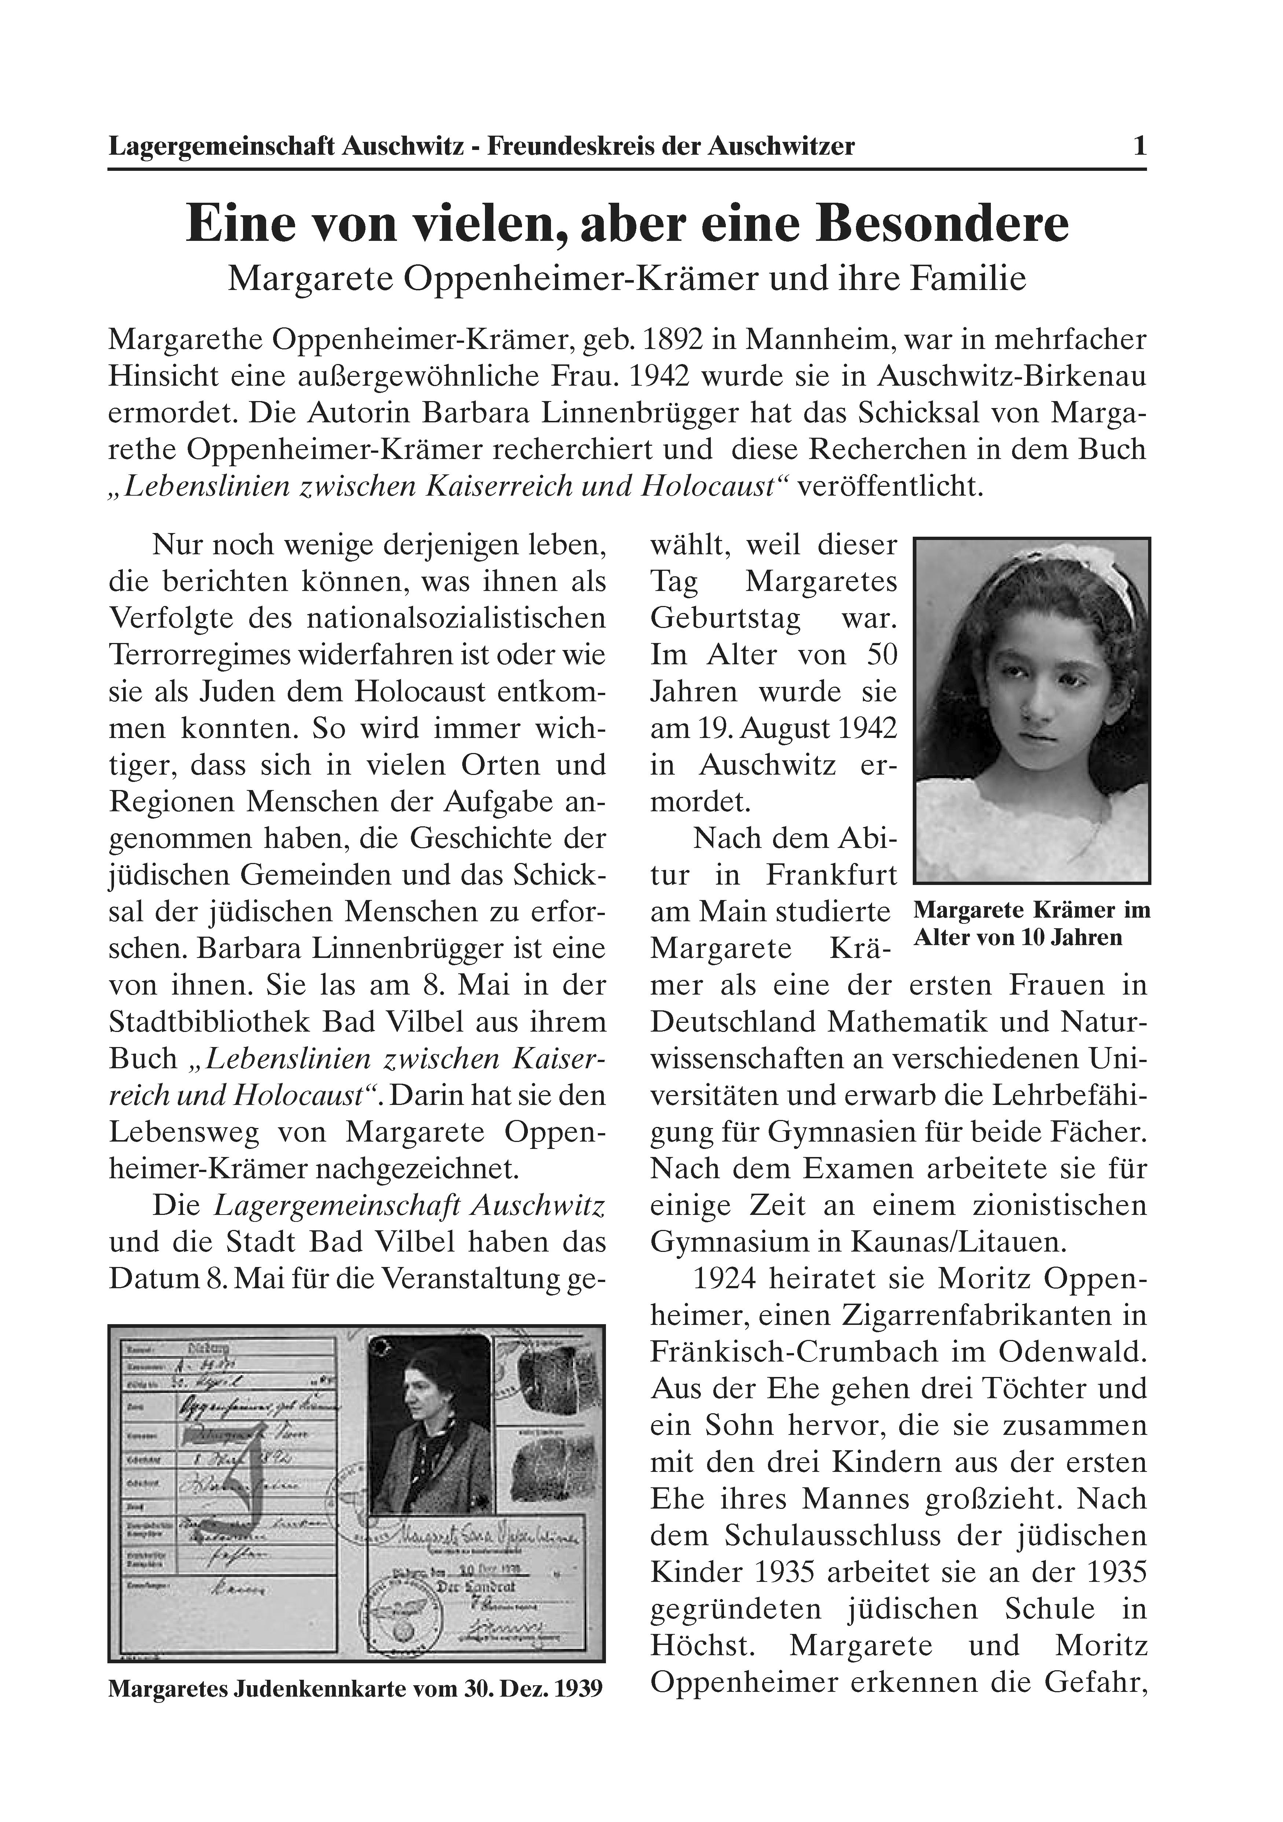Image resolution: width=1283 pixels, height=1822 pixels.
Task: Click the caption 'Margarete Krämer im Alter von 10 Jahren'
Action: [x=1032, y=924]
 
